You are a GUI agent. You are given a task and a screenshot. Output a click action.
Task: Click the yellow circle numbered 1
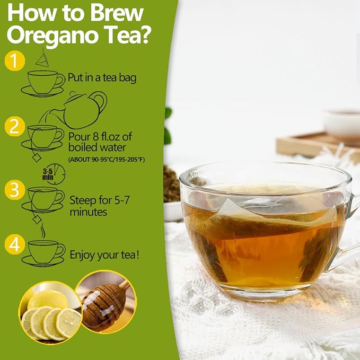15,61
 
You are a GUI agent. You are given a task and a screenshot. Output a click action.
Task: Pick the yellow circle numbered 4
15,244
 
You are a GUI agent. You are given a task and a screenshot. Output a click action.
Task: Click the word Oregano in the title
63,37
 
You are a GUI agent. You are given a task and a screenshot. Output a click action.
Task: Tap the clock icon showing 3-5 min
53,173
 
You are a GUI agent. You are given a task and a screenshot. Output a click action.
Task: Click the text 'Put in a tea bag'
102,78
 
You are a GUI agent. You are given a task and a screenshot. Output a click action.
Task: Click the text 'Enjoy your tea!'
105,255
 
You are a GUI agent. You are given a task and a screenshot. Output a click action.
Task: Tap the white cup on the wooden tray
342,123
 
